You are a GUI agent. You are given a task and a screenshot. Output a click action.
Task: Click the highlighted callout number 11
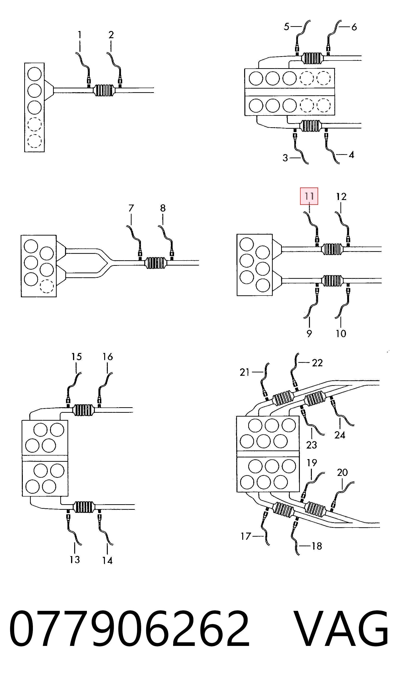309,196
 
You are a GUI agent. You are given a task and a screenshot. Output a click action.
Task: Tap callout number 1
79,35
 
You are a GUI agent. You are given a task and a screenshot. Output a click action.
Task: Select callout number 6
354,27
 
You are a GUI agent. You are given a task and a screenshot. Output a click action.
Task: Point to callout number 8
163,208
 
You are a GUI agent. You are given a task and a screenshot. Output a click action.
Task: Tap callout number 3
285,158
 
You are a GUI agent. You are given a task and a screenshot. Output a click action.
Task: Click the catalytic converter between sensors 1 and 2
104,90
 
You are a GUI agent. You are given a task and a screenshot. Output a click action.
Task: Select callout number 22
317,363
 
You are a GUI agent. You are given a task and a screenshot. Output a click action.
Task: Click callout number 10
341,334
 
